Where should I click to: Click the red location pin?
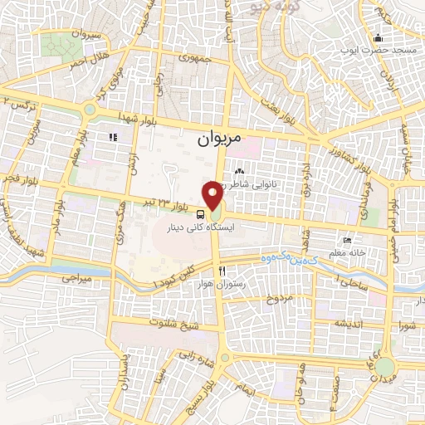[215, 196]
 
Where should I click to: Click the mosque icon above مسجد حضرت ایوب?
[378, 38]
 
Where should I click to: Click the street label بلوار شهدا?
[137, 115]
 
